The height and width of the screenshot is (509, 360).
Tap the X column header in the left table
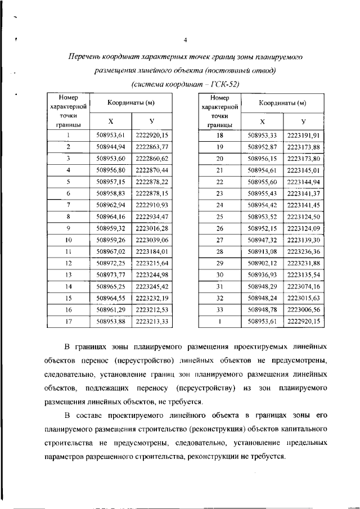[110, 121]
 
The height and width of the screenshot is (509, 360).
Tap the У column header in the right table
[304, 121]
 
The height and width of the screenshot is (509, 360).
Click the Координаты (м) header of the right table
[282, 103]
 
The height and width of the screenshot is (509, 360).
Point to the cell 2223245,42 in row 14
[152, 286]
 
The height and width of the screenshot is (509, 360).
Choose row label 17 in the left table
[68, 321]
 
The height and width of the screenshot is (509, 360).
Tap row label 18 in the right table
[220, 136]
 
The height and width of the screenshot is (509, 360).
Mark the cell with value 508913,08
[262, 251]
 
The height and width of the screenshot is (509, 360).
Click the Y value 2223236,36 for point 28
[304, 251]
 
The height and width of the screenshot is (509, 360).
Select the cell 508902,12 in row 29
[262, 263]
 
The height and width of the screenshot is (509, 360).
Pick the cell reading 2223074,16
[304, 286]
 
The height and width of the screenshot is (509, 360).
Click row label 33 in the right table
[220, 309]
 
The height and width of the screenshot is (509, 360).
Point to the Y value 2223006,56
[304, 309]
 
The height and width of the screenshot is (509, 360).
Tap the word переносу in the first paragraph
[149, 388]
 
